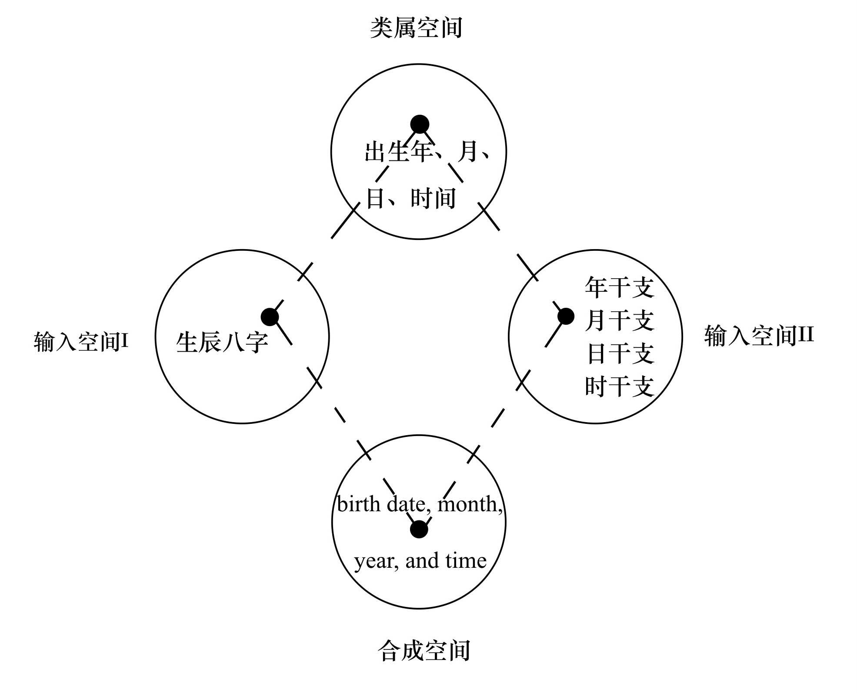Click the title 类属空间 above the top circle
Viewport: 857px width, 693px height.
(416, 28)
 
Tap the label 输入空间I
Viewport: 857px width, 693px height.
(81, 342)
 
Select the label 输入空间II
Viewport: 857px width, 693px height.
(759, 336)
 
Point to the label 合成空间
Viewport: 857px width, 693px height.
(424, 651)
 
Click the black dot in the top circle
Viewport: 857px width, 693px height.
(420, 124)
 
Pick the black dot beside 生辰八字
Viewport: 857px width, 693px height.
(270, 317)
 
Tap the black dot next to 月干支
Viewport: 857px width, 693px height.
(565, 316)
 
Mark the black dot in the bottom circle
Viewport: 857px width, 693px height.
(419, 530)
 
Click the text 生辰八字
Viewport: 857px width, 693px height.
(222, 343)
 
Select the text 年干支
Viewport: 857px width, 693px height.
(619, 288)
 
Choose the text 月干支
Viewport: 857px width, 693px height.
(619, 321)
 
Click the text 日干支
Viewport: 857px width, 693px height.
(620, 353)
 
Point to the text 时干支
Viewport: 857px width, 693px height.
(619, 386)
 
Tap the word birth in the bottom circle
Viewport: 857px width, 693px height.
(358, 504)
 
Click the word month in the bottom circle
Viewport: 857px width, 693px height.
(470, 504)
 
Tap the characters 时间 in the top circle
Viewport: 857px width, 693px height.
(433, 199)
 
